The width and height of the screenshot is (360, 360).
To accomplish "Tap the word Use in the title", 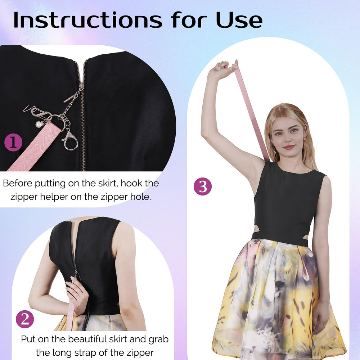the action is [239, 20].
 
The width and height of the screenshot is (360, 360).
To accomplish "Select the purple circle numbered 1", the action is [13, 142].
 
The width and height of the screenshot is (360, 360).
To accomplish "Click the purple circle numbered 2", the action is [25, 319].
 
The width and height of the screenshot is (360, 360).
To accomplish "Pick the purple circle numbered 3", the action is [203, 186].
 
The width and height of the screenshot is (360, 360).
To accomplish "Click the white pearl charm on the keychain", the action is [39, 125].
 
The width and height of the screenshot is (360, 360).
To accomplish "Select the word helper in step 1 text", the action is [54, 197].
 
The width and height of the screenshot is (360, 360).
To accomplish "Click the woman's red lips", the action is [289, 147].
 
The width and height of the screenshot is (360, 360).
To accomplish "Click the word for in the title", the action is [189, 20].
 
